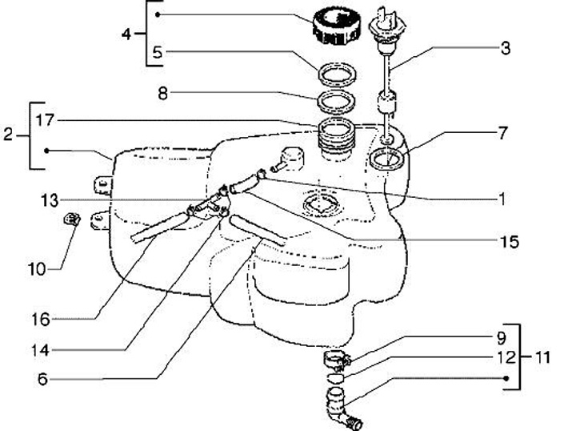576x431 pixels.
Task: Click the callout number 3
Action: coord(505,48)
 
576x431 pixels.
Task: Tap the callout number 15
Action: coord(509,240)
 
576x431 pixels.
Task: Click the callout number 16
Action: coord(40,320)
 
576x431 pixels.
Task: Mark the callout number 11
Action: coord(542,356)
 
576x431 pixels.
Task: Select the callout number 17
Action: coord(45,120)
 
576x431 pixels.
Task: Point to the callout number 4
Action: coord(126,35)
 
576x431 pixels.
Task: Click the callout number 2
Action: coord(8,135)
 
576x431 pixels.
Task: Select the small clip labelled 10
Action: coord(70,219)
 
